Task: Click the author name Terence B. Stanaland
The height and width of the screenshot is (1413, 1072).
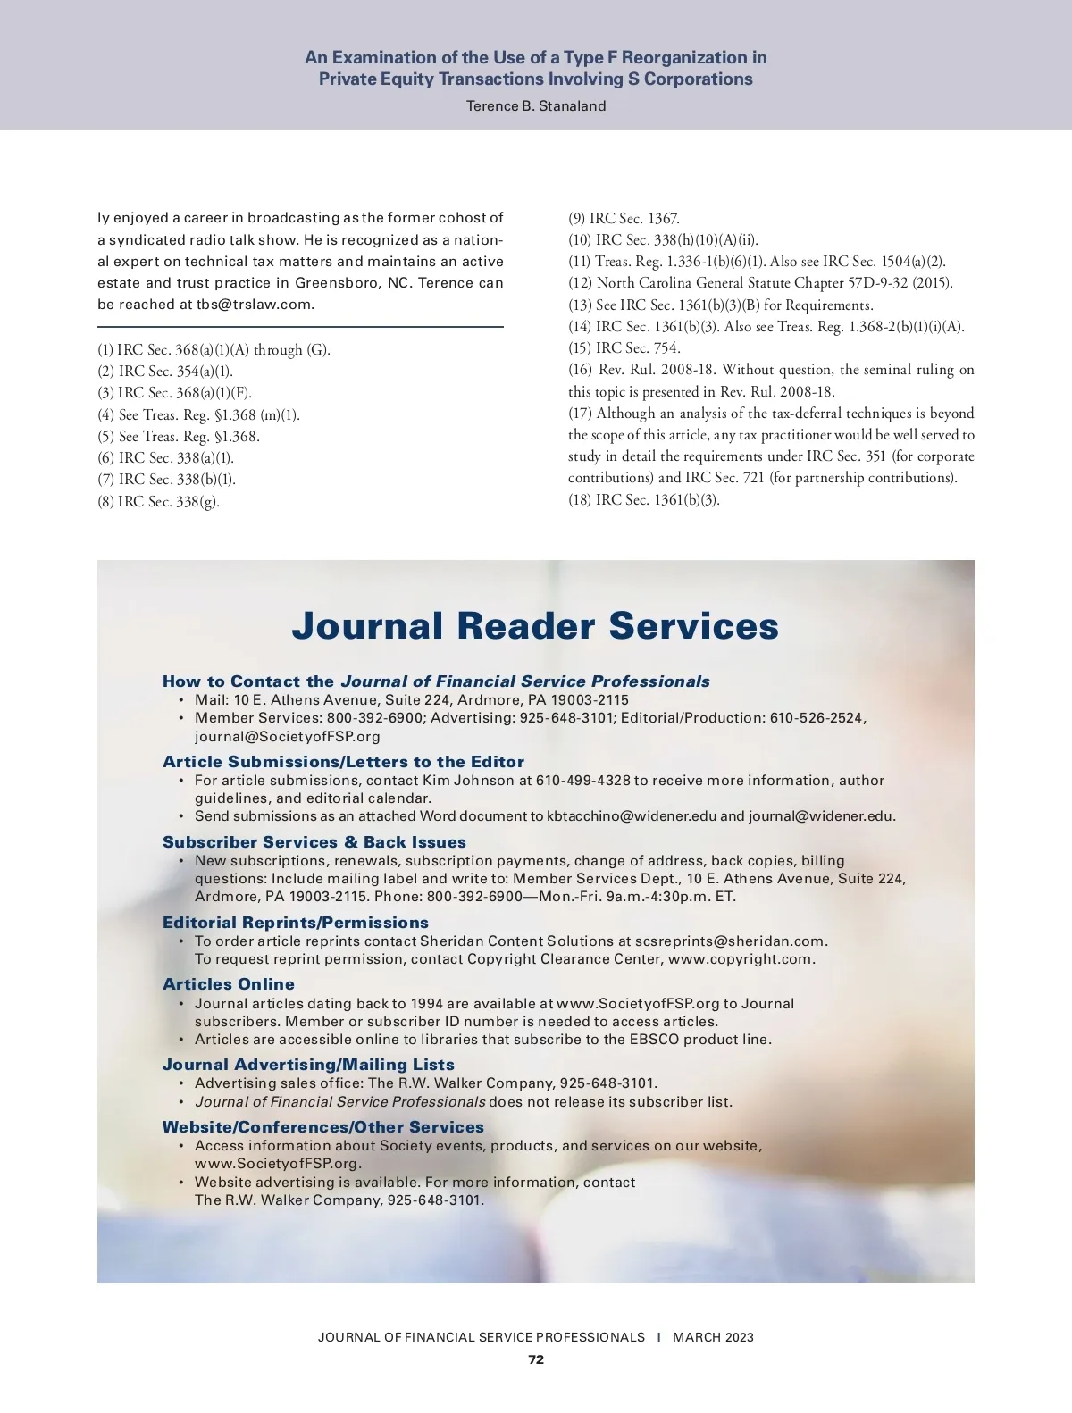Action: click(536, 106)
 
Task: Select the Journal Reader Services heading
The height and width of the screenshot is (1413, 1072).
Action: click(535, 626)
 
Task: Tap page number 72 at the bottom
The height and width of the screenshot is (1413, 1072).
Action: click(536, 1359)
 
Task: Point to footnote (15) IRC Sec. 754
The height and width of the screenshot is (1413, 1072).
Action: click(624, 348)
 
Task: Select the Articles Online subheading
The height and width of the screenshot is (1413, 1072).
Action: click(229, 984)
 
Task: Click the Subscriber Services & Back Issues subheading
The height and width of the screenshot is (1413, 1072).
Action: click(314, 842)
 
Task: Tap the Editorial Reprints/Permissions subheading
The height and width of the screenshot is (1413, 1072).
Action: click(296, 923)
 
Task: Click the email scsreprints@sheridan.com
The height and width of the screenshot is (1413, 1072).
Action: click(730, 941)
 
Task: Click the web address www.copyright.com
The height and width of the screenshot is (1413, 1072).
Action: click(741, 959)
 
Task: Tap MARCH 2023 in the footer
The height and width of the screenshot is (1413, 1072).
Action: click(713, 1337)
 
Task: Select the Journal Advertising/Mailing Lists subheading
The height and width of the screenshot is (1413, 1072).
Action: click(308, 1065)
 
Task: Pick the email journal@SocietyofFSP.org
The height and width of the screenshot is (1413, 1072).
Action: click(288, 737)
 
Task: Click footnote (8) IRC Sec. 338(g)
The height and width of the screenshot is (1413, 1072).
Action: click(158, 502)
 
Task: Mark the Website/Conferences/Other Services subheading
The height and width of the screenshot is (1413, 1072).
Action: click(323, 1127)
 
